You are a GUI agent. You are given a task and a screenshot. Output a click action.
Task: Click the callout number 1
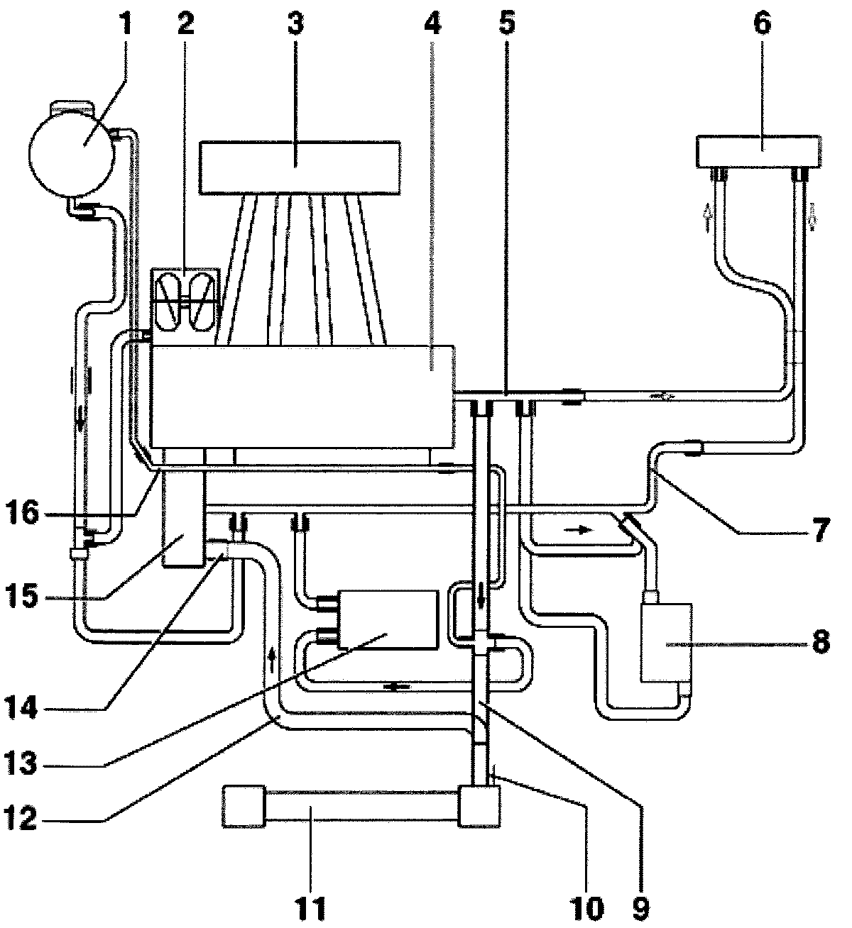click(125, 23)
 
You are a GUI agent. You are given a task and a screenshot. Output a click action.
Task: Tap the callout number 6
click(762, 23)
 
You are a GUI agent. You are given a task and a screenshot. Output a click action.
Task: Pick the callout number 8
click(820, 643)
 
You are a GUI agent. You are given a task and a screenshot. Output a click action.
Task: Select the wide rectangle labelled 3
click(300, 167)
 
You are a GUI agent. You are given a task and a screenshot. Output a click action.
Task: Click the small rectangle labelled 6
click(760, 151)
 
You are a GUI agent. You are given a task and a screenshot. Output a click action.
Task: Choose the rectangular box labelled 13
click(388, 619)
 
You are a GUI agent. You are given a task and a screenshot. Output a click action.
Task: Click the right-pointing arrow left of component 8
click(584, 529)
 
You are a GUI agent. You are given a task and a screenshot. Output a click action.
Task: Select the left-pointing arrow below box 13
click(393, 687)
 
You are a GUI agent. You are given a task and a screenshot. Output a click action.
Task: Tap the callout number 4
click(432, 23)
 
